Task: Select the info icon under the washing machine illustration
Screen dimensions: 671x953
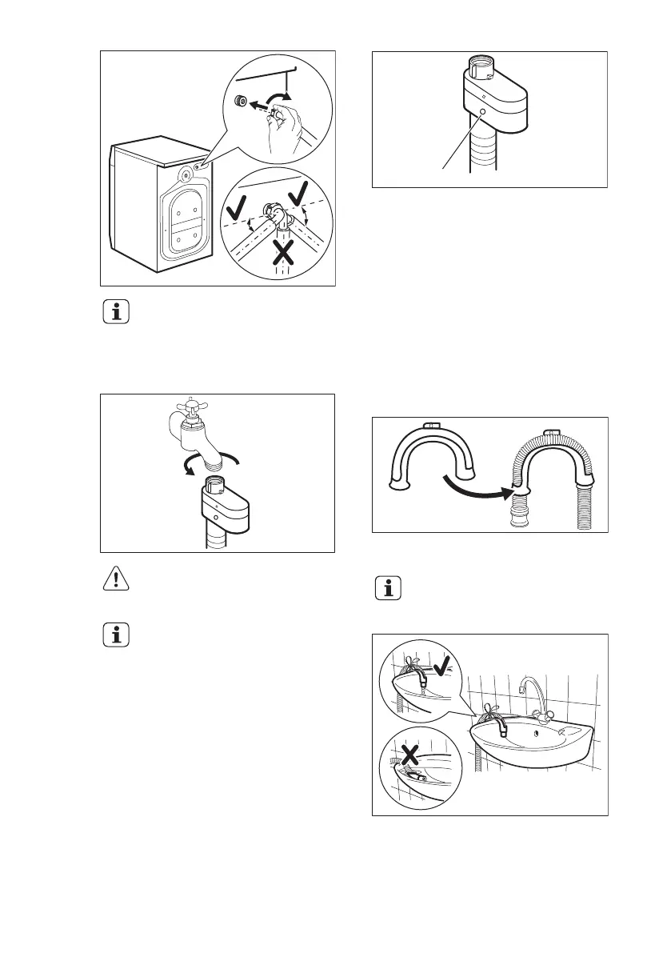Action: (x=117, y=313)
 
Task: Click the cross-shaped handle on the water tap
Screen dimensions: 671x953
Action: (x=191, y=406)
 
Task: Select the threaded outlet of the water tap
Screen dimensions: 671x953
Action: (x=215, y=462)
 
